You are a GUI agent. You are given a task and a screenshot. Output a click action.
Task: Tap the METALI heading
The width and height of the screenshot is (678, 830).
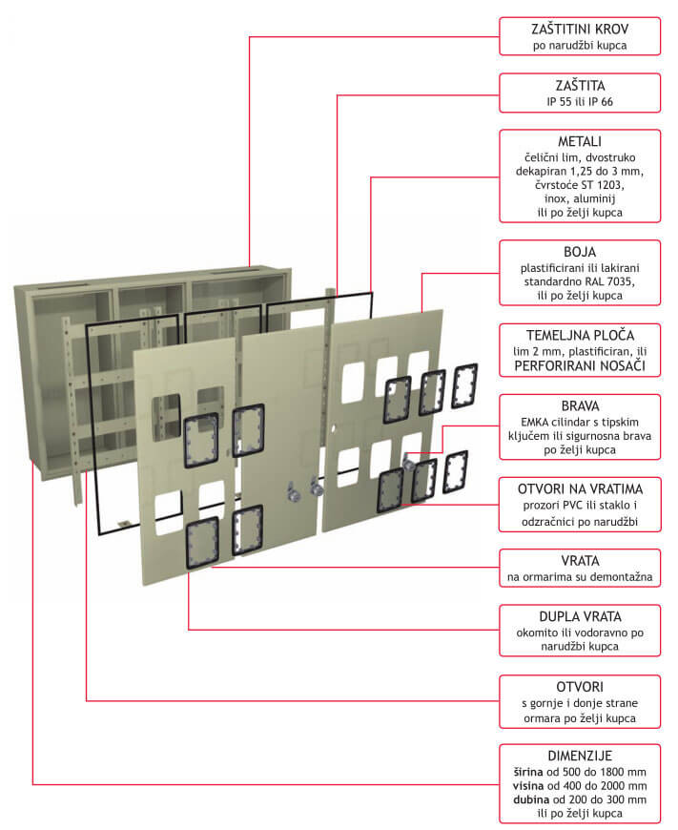580,141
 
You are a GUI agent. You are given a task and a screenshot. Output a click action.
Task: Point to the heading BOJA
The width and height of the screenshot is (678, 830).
580,252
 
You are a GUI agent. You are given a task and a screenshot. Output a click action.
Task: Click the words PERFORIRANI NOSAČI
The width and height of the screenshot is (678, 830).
580,365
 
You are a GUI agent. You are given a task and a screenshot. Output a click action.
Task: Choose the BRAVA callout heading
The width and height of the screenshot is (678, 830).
580,405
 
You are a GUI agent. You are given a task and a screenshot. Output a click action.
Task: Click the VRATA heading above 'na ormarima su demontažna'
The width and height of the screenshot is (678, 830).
580,560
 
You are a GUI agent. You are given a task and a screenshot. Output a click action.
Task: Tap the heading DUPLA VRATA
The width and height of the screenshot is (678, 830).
580,616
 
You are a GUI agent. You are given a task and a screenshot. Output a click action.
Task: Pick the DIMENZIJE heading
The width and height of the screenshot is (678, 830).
580,755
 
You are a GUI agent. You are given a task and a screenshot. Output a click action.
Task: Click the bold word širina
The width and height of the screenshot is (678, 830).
529,771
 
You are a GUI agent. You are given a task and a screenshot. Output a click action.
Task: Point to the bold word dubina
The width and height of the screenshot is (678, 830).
529,799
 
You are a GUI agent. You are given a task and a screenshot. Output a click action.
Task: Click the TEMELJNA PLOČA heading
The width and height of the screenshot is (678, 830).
580,335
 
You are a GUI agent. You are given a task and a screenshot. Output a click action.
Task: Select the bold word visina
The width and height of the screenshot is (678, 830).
530,785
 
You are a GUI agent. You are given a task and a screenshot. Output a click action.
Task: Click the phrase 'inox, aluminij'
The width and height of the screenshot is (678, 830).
580,198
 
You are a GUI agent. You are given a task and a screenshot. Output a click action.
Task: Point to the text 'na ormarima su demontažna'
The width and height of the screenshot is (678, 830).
580,577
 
